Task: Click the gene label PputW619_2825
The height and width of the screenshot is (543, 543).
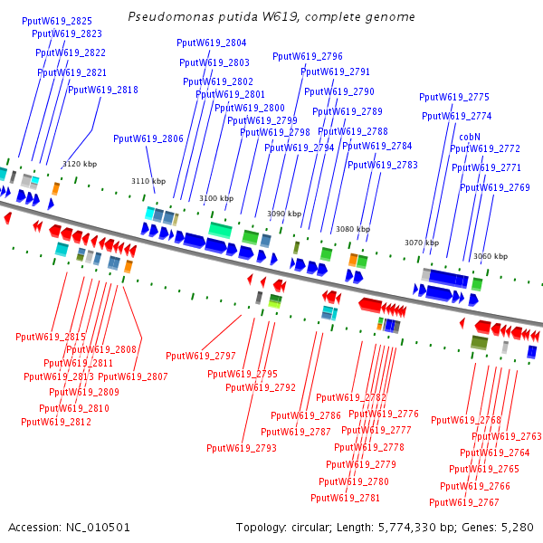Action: (x=56, y=21)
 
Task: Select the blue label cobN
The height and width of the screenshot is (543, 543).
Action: (x=470, y=137)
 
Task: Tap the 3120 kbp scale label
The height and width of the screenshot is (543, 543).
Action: (x=79, y=164)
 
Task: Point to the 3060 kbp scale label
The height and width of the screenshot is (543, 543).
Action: (x=490, y=256)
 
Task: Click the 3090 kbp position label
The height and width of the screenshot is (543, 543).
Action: (x=283, y=214)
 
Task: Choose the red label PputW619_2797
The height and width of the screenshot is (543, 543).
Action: (x=200, y=356)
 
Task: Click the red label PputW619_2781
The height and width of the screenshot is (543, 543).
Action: (x=345, y=498)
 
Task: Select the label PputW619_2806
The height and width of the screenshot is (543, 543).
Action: (x=148, y=138)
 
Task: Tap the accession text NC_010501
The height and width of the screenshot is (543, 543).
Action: (x=95, y=527)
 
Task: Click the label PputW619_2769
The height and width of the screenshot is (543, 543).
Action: (x=495, y=187)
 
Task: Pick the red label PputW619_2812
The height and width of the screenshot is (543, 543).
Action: (x=57, y=422)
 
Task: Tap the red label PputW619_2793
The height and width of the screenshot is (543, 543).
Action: (x=241, y=448)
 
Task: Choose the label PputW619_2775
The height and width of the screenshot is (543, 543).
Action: (x=453, y=97)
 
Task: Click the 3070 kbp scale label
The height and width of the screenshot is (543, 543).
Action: (x=421, y=243)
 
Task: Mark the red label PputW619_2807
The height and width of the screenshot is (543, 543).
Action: (x=133, y=376)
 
